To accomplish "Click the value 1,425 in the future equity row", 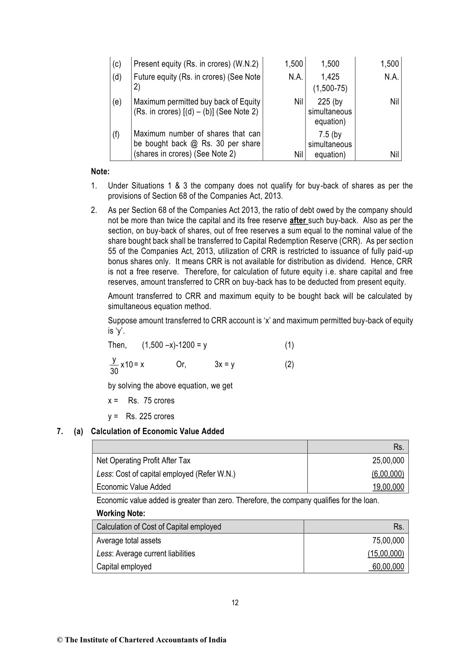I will click(330, 77).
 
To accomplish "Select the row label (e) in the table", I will click(117, 102).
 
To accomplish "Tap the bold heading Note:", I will click(100, 172).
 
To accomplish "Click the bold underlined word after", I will click(298, 220).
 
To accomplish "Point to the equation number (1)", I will click(289, 345).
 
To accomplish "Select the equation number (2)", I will click(289, 365).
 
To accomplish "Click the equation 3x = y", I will click(224, 365).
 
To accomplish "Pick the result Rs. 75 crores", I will click(151, 401).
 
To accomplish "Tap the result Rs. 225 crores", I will click(150, 416).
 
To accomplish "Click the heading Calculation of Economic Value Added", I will click(157, 431).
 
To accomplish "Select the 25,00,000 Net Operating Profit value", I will click(388, 461).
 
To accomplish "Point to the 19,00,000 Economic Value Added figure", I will click(388, 487).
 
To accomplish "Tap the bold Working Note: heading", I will click(121, 513).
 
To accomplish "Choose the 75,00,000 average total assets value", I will click(388, 541).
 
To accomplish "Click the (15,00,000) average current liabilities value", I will click(386, 554).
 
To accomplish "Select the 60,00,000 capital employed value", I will click(388, 567).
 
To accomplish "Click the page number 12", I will click(235, 602).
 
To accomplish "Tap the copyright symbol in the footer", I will click(60, 640).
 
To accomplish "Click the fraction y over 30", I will click(114, 366).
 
